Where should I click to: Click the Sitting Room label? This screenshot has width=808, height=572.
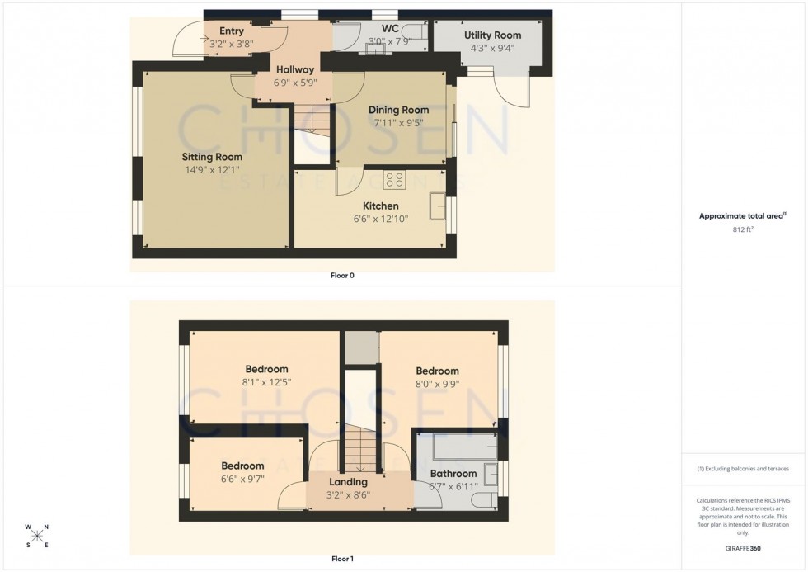click(x=212, y=156)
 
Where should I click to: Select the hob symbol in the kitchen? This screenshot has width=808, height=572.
click(x=393, y=178)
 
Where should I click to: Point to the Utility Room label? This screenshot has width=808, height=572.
click(x=492, y=35)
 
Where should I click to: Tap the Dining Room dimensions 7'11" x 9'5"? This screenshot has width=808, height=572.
click(x=398, y=123)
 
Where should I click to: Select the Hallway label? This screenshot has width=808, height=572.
click(x=294, y=70)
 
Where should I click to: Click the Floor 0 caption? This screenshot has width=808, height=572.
click(x=341, y=276)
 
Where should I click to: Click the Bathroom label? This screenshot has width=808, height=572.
click(x=453, y=474)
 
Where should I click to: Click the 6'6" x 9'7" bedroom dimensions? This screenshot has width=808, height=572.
click(x=242, y=479)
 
